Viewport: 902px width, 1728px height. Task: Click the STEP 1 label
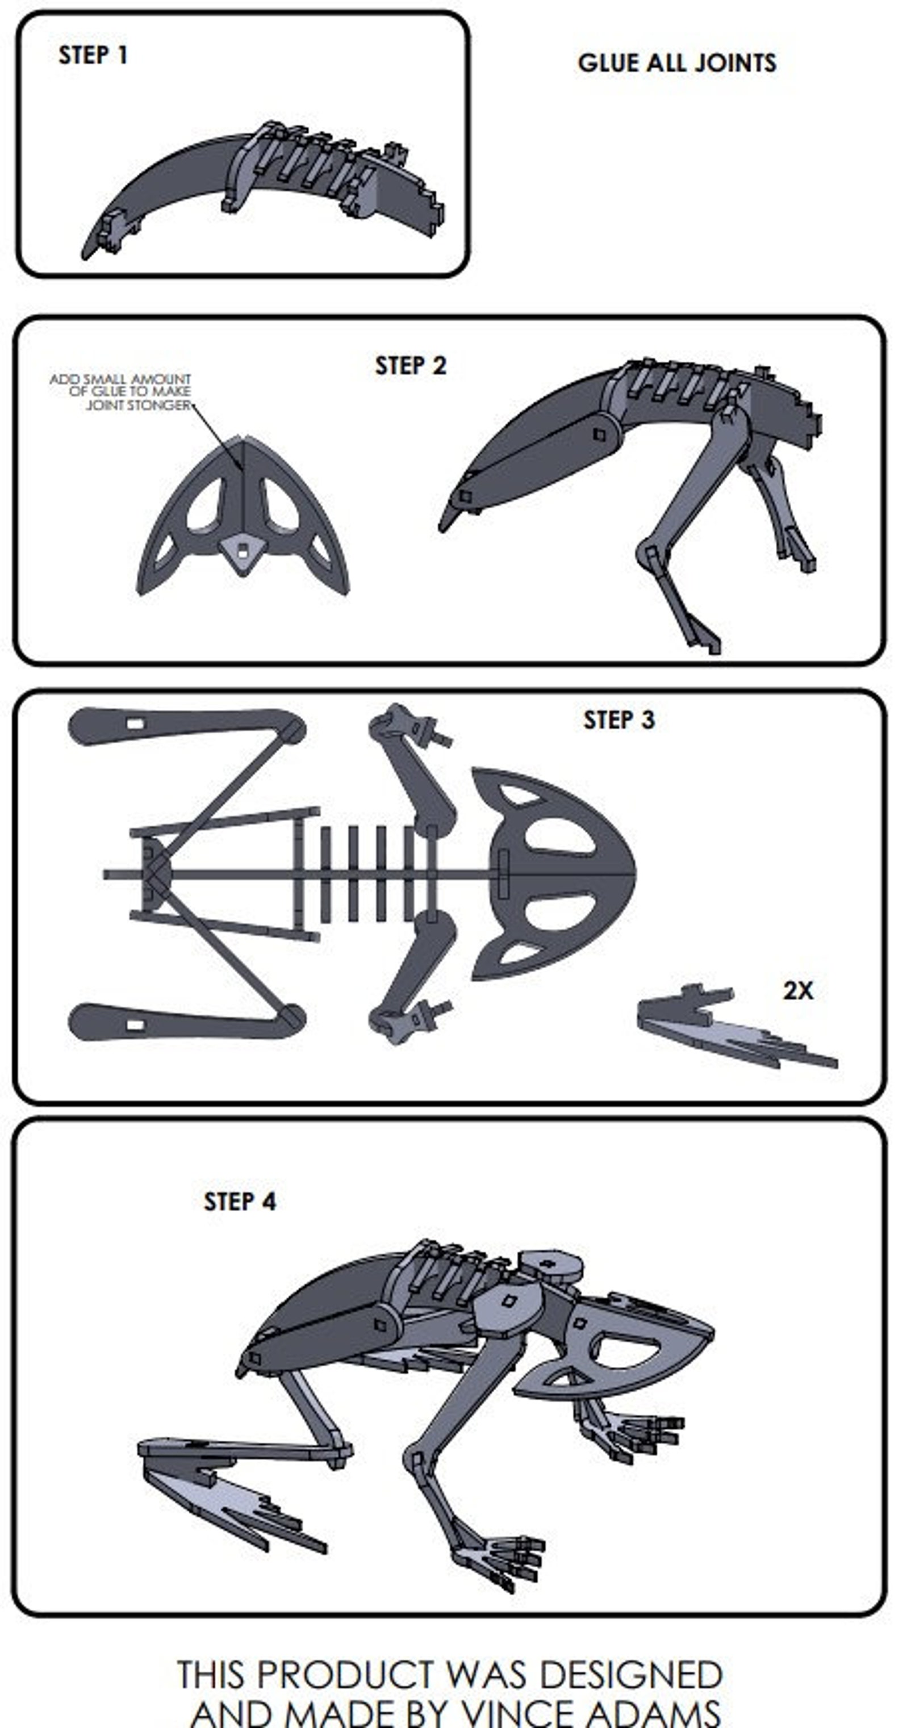93,55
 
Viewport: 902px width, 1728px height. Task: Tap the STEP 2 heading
410,366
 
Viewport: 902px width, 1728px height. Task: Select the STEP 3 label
619,720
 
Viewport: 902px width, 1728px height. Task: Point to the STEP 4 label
240,1202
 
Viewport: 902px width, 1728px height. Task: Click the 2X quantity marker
797,991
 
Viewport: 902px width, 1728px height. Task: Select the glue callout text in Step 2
121,392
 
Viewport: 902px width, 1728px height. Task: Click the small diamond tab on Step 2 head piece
241,550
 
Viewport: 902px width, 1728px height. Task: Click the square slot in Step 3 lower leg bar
135,1025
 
